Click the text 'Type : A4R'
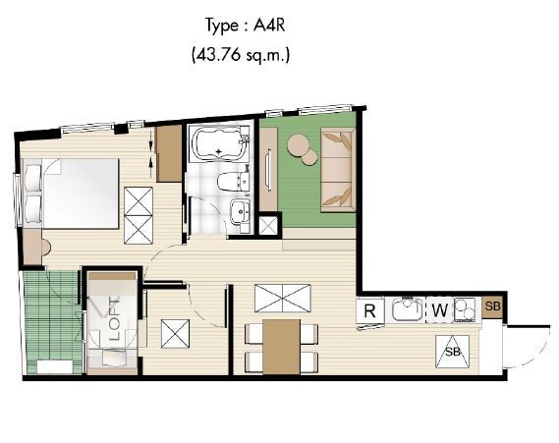[x=245, y=26]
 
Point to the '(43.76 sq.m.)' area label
[x=241, y=55]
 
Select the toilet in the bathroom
[x=233, y=182]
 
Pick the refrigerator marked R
[x=370, y=310]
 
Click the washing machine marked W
[x=439, y=310]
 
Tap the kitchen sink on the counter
[x=407, y=308]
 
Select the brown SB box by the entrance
[x=493, y=306]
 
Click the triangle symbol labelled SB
[x=452, y=352]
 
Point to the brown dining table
[x=281, y=347]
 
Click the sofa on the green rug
[x=338, y=170]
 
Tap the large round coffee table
[x=299, y=144]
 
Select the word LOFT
[x=114, y=319]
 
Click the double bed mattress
[x=81, y=194]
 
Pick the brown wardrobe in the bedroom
[x=169, y=153]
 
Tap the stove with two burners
[x=465, y=309]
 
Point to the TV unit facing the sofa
[x=268, y=169]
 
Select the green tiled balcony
[x=52, y=322]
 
